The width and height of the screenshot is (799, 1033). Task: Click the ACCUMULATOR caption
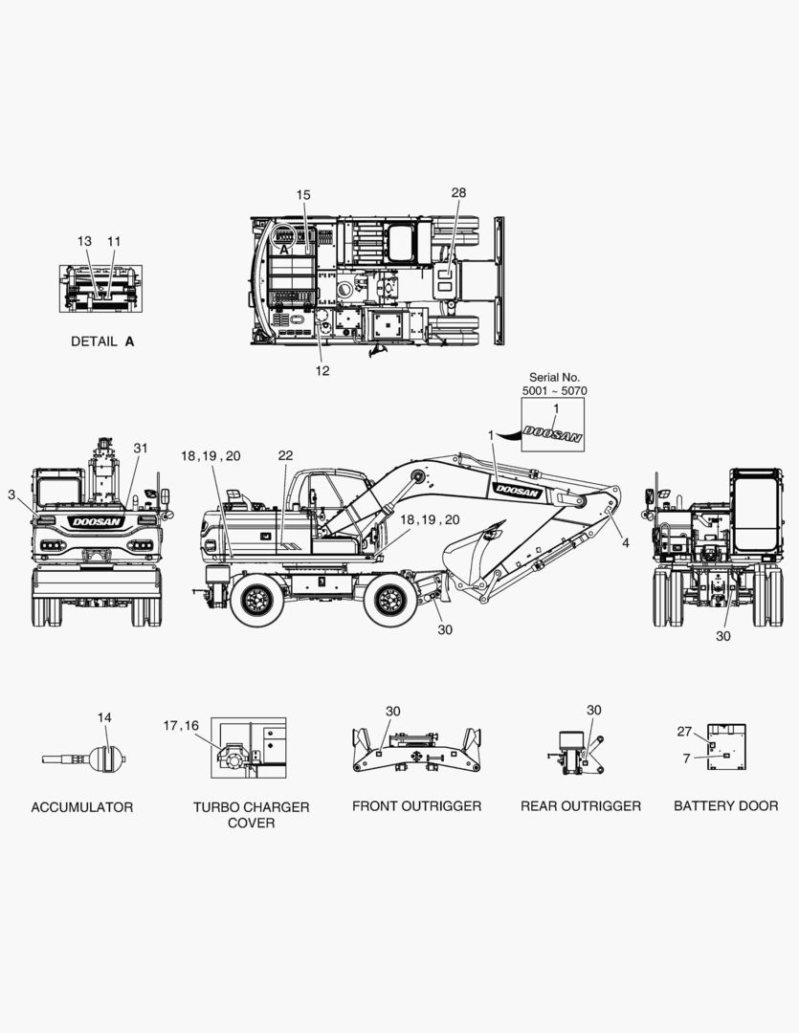click(81, 807)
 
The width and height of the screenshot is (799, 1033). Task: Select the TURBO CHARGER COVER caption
click(251, 815)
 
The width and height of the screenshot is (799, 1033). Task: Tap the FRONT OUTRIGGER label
click(416, 806)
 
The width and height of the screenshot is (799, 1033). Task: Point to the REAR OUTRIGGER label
click(581, 806)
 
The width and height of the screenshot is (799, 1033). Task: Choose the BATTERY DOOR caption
click(726, 805)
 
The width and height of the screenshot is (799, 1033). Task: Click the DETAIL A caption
click(102, 341)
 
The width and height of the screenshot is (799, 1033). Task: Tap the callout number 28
click(459, 192)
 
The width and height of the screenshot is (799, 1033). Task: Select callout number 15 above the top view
click(303, 195)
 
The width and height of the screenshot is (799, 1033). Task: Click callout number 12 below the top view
click(322, 371)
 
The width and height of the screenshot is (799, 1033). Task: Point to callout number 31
click(141, 448)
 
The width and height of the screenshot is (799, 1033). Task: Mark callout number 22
click(285, 455)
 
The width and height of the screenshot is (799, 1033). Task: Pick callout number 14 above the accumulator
click(105, 717)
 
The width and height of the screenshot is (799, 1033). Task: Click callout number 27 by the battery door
click(685, 732)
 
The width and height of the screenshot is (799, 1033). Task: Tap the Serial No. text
click(554, 378)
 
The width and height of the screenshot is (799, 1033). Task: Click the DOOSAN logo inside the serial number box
click(552, 435)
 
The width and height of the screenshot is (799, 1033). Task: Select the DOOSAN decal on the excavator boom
click(518, 490)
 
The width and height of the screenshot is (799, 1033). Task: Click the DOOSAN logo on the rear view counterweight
click(97, 522)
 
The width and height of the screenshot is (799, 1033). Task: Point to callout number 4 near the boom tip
click(626, 543)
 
